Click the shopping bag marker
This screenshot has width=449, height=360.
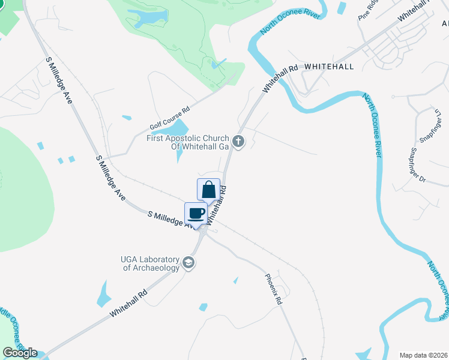pyautogui.click(x=208, y=190)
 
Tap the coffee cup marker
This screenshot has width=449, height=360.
pyautogui.click(x=196, y=213)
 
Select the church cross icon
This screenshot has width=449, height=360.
pyautogui.click(x=238, y=142)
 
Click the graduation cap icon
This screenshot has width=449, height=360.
pyautogui.click(x=188, y=263)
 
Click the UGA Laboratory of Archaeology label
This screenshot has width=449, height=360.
pyautogui.click(x=151, y=263)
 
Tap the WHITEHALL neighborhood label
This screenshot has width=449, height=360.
pyautogui.click(x=329, y=66)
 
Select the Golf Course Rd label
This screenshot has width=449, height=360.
pyautogui.click(x=169, y=119)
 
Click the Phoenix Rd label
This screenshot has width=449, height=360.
pyautogui.click(x=274, y=289)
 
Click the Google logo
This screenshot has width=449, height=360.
pyautogui.click(x=20, y=353)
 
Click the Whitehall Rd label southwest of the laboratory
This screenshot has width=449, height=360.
pyautogui.click(x=128, y=305)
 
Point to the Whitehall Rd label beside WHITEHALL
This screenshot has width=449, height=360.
pyautogui.click(x=280, y=78)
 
